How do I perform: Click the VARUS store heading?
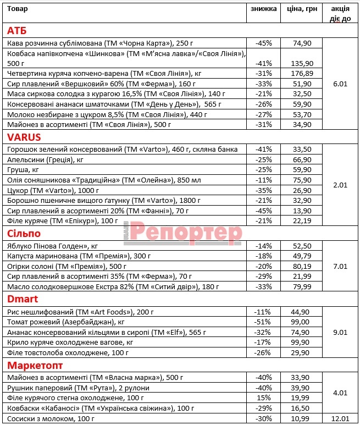click(24, 137)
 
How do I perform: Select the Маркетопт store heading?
click(35, 365)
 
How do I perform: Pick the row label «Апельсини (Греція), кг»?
click(46, 159)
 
